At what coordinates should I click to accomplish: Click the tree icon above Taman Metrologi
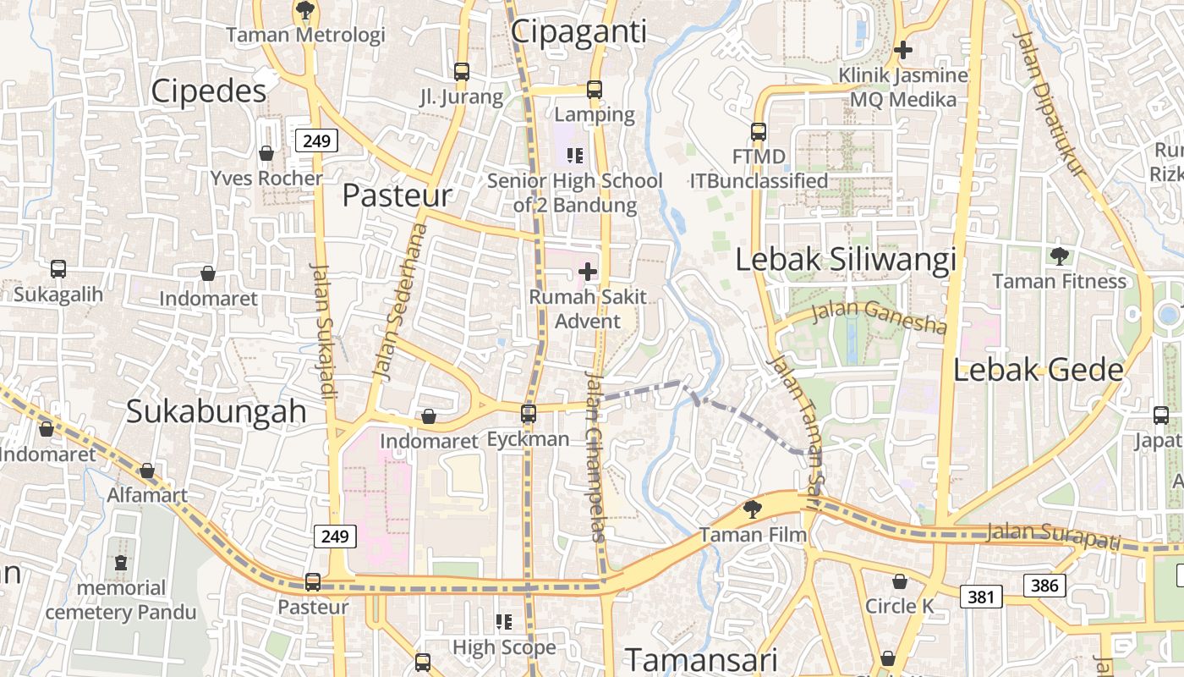pyautogui.click(x=304, y=11)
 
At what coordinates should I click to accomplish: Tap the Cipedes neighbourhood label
pyautogui.click(x=208, y=91)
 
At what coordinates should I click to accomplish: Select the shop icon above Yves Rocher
pyautogui.click(x=266, y=153)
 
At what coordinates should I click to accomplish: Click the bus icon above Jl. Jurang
pyautogui.click(x=461, y=72)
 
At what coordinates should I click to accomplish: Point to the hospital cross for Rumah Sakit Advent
pyautogui.click(x=587, y=272)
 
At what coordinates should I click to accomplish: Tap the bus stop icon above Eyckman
pyautogui.click(x=529, y=414)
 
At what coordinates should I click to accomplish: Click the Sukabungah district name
pyautogui.click(x=216, y=411)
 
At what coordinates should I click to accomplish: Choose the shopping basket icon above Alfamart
pyautogui.click(x=148, y=471)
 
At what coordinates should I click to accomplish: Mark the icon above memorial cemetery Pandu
pyautogui.click(x=121, y=563)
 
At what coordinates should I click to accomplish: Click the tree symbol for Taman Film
pyautogui.click(x=752, y=509)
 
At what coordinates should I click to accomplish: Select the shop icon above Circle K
pyautogui.click(x=900, y=581)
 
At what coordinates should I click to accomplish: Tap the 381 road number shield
pyautogui.click(x=981, y=597)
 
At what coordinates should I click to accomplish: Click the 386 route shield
pyautogui.click(x=1044, y=585)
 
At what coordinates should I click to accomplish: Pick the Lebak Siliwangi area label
pyautogui.click(x=846, y=260)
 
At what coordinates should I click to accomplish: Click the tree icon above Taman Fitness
pyautogui.click(x=1059, y=256)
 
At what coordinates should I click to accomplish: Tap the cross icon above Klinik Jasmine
pyautogui.click(x=903, y=50)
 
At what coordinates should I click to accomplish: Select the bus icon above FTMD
pyautogui.click(x=759, y=132)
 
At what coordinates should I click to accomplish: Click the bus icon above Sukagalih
pyautogui.click(x=58, y=269)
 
